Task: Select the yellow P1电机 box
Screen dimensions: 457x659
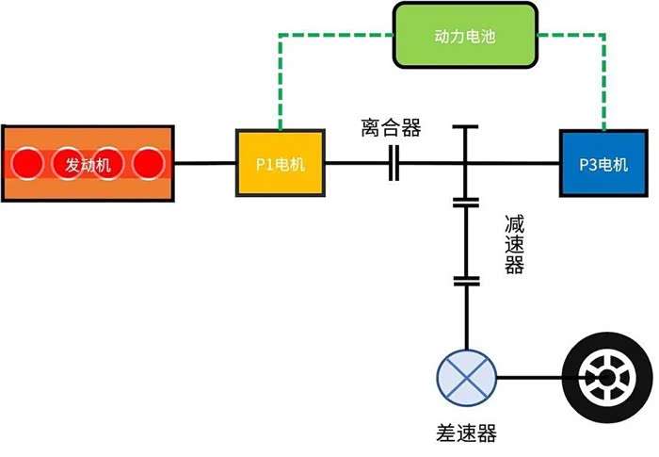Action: (280, 164)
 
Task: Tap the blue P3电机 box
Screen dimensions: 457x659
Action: (603, 164)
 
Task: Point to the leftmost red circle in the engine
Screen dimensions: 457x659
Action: (27, 164)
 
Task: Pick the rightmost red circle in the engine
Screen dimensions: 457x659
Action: (149, 164)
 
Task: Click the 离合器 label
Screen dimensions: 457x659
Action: (391, 127)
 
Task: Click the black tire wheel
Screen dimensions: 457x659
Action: (604, 378)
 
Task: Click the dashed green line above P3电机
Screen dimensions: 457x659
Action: (603, 85)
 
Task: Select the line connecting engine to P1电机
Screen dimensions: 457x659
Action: (205, 164)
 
